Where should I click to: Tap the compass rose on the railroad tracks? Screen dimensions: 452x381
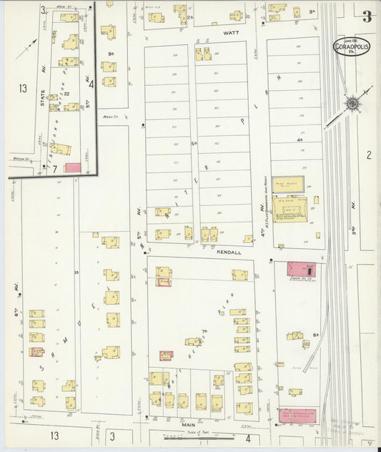click(352, 104)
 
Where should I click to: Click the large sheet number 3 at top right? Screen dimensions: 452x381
click(366, 16)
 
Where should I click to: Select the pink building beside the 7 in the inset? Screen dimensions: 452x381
click(73, 167)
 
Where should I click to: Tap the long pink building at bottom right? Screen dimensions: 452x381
click(297, 415)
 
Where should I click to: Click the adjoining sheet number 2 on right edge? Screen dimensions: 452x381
click(369, 154)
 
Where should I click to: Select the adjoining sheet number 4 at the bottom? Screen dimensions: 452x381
click(247, 438)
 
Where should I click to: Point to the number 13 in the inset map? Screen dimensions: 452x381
click(24, 89)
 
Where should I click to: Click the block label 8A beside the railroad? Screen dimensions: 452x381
click(315, 334)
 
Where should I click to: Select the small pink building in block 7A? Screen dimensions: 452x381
click(166, 355)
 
